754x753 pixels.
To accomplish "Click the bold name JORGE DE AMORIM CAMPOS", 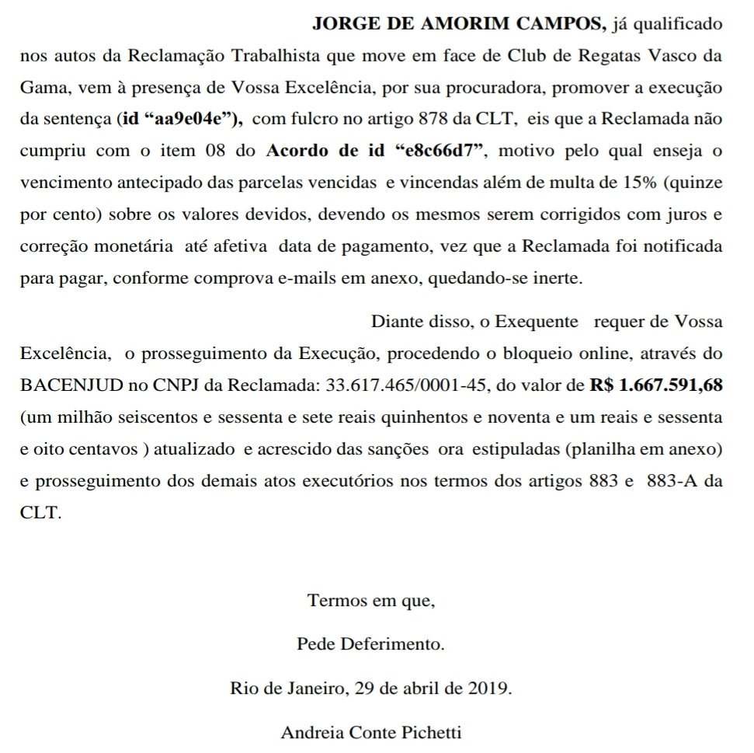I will click(x=459, y=24).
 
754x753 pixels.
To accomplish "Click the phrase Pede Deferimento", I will click(x=371, y=644).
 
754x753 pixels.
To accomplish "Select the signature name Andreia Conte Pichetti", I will click(x=372, y=732).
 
